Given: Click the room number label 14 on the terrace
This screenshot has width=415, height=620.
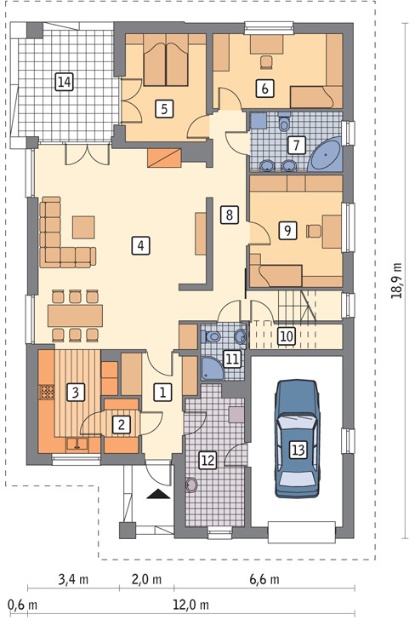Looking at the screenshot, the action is coord(65,83).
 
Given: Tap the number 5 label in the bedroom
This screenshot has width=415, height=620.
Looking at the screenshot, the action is coord(164,108).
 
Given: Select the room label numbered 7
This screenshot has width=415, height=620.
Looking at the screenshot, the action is coord(296,145).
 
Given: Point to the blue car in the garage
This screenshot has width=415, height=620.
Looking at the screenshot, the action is coord(298,439).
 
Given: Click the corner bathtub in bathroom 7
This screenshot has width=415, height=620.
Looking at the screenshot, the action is coord(326,155).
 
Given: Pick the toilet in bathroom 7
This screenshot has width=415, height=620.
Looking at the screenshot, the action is coord(284,122).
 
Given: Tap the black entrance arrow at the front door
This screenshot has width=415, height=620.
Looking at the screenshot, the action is coord(158,494).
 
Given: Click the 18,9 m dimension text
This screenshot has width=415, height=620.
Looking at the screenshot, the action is coord(396,280).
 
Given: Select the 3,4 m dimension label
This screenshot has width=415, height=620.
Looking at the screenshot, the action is coord(73,580).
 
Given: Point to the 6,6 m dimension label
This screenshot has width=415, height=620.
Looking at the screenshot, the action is coord(264,580).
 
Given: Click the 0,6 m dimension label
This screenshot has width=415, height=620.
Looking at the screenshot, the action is coord(22,605).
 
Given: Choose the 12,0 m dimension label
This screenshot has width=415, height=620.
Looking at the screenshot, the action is coord(190,605).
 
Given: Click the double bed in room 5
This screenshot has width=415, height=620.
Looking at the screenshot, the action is coord(166,60).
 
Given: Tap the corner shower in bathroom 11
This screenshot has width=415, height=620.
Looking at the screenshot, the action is coord(211,369).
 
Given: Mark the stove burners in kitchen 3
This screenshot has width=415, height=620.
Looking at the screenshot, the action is coord(46,392).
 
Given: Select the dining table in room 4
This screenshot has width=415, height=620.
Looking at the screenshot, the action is coord(75,315).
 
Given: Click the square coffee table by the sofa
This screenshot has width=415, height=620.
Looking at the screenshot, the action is coord(83,227).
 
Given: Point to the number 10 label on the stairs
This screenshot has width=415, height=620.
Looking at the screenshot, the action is coord(287,336).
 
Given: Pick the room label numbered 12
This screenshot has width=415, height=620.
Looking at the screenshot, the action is coord(207,460).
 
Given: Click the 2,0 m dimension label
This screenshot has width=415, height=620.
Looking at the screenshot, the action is coord(146,580).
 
